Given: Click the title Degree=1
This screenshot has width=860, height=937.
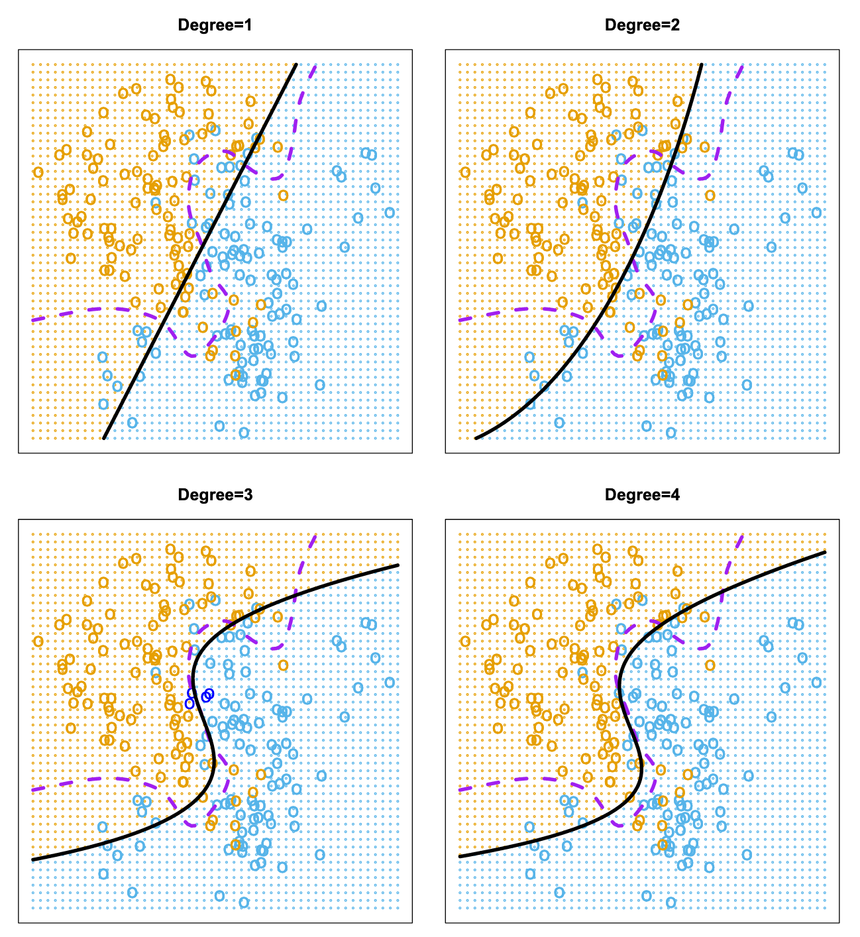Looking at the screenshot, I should [x=215, y=26].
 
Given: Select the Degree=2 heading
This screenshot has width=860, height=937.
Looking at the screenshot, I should [x=642, y=26].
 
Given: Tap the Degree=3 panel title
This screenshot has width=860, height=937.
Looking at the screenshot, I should [x=215, y=495].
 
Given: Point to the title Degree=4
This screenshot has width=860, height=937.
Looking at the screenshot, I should [x=642, y=495].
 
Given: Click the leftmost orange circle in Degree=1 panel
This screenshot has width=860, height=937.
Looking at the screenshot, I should [x=38, y=172].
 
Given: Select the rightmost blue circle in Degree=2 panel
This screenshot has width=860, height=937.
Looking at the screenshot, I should [x=816, y=213].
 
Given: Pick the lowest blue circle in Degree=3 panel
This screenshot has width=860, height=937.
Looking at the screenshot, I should [x=244, y=902].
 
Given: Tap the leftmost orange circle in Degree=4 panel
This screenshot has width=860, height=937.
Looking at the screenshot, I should [x=465, y=641].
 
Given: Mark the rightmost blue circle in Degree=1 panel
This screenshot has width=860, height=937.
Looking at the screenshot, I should [x=390, y=213].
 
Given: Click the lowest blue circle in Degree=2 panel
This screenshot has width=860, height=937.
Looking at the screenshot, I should [x=671, y=433].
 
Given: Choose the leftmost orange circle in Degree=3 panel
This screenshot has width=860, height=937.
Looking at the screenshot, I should [x=38, y=641].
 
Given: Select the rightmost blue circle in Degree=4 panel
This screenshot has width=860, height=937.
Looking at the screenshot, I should [x=816, y=683].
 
